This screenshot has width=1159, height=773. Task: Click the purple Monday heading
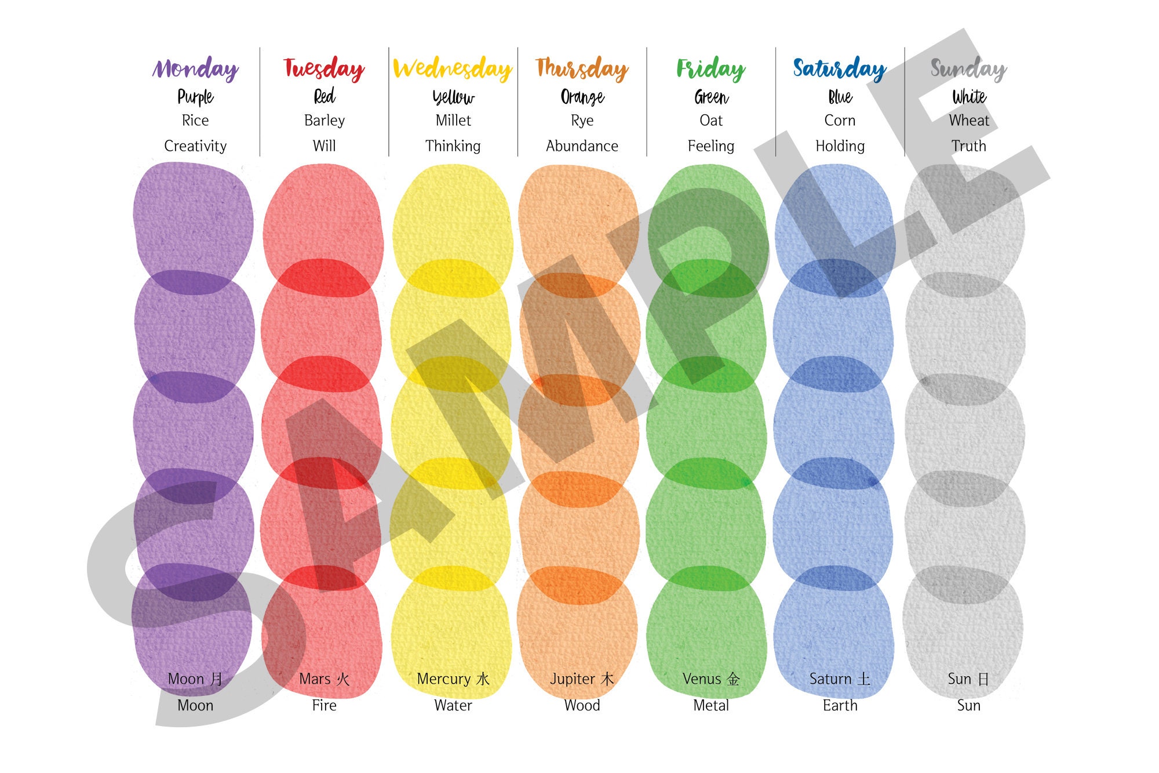(x=195, y=68)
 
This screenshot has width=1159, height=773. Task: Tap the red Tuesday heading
(x=324, y=68)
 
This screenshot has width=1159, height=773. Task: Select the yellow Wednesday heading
(x=453, y=68)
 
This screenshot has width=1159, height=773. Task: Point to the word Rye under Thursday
(x=582, y=121)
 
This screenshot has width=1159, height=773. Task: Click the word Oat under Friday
(x=711, y=121)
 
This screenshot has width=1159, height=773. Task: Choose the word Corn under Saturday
(x=840, y=121)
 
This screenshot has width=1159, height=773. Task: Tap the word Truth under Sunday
(x=968, y=146)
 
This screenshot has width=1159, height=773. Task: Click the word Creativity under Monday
(x=195, y=146)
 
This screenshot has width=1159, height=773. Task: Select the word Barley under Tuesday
(x=324, y=121)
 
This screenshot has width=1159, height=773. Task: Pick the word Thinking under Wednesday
(x=453, y=146)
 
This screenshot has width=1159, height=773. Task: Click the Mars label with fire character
(x=324, y=679)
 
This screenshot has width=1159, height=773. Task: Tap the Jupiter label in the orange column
(x=581, y=679)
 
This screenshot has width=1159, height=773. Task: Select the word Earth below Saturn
(x=840, y=706)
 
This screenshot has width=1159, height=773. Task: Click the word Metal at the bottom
(x=711, y=706)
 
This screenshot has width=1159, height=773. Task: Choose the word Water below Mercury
(x=453, y=706)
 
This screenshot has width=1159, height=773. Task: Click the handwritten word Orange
(x=582, y=96)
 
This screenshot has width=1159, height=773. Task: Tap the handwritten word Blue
(x=840, y=96)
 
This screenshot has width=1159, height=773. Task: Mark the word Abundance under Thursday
(x=582, y=146)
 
